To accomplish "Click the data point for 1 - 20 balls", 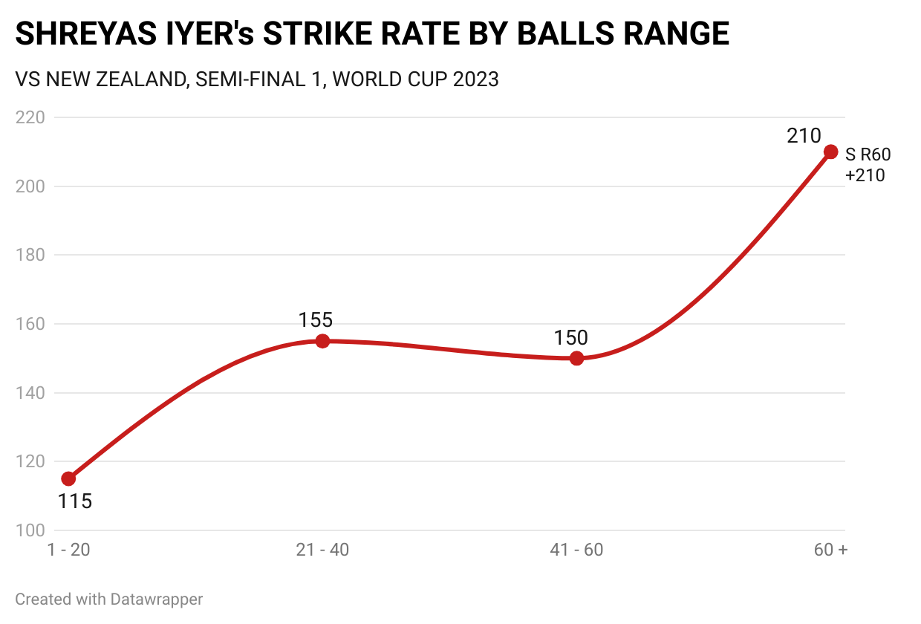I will [x=68, y=478].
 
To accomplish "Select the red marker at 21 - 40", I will [x=322, y=341].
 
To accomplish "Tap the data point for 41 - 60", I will [x=576, y=358].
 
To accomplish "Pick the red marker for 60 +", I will [x=831, y=152].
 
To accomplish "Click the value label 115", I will [x=75, y=501].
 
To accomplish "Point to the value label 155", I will [x=316, y=320].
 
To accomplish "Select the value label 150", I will [x=570, y=338].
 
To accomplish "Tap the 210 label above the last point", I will [x=804, y=136].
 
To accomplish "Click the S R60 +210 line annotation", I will [x=868, y=165].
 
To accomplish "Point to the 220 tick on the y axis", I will [x=30, y=117].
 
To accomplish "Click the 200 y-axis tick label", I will [x=30, y=186].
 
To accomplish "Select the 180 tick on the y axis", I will [x=30, y=255].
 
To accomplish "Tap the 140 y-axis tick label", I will [x=30, y=393].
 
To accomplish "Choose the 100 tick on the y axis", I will [x=30, y=530].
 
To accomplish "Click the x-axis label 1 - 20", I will [x=68, y=550].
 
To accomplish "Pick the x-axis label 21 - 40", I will [x=322, y=550].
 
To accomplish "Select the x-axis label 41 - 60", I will [x=576, y=550].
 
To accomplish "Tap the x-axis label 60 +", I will [x=830, y=550].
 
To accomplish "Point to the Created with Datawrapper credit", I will [x=109, y=599].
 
